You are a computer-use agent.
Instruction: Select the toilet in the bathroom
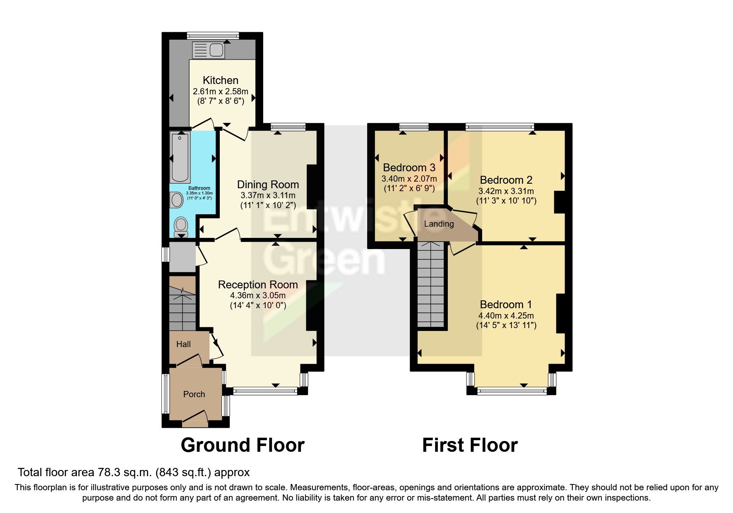click(x=181, y=227)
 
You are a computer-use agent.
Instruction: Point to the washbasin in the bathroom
click(x=177, y=201)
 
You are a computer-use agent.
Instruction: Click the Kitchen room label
click(x=220, y=80)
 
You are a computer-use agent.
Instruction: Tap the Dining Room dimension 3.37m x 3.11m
click(x=268, y=195)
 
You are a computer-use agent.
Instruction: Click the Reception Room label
click(x=258, y=285)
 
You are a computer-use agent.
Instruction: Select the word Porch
click(x=194, y=394)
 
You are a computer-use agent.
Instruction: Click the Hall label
click(x=183, y=344)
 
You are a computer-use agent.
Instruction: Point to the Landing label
click(x=439, y=224)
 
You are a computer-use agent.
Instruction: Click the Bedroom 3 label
click(x=409, y=168)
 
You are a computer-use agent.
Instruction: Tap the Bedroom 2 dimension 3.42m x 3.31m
click(x=506, y=191)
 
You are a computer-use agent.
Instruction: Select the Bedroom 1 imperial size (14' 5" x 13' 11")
click(x=506, y=325)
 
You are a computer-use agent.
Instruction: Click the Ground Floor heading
click(x=243, y=445)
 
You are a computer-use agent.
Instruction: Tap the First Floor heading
click(x=470, y=445)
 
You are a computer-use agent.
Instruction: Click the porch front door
click(x=195, y=419)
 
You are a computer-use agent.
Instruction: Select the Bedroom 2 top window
click(x=500, y=127)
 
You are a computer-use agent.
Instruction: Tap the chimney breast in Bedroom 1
click(x=561, y=313)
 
